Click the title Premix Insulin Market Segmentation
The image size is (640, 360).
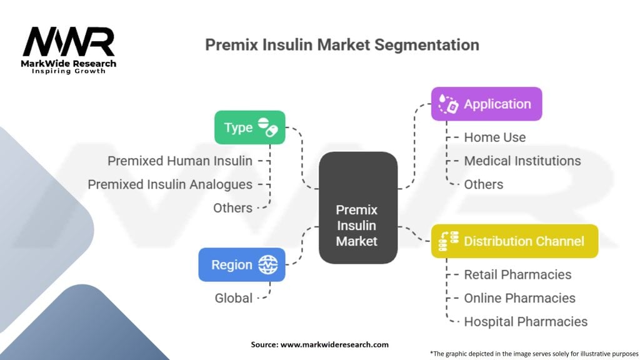342,45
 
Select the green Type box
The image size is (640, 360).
249,127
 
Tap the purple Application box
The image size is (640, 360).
486,104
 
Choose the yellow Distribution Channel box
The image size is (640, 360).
514,241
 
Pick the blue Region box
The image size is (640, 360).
241,264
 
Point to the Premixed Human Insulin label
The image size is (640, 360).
180,161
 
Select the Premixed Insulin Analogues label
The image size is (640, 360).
170,184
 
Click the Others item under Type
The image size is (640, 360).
232,207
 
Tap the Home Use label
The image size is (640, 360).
494,137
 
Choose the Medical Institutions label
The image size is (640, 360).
522,161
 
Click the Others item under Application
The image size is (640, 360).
483,184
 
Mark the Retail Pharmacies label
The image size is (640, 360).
517,274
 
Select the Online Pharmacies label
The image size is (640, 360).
519,298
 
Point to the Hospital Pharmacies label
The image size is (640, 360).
525,322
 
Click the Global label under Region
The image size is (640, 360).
234,298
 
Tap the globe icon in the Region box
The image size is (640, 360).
268,264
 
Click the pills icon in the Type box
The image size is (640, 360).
267,127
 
